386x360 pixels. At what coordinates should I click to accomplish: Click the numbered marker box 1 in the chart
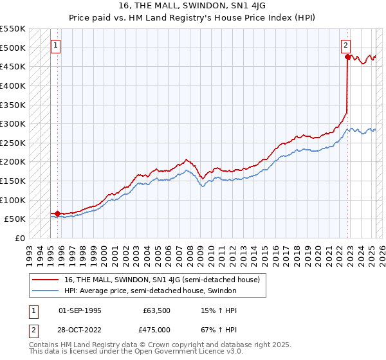point(56,46)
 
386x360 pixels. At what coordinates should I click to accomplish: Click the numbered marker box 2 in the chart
point(345,46)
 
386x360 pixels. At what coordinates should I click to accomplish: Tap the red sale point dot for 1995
point(57,213)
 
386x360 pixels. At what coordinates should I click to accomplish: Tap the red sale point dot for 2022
point(347,57)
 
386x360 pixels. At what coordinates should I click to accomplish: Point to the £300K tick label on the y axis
point(12,123)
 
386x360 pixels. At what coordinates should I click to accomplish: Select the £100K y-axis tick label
point(12,200)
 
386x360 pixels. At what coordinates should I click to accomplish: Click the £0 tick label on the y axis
point(20,238)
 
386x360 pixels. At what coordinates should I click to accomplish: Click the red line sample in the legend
point(46,280)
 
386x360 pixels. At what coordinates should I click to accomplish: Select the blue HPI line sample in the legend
point(46,291)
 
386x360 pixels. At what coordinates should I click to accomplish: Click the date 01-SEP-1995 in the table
point(80,310)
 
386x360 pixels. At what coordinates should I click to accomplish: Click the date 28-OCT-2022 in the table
point(80,330)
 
